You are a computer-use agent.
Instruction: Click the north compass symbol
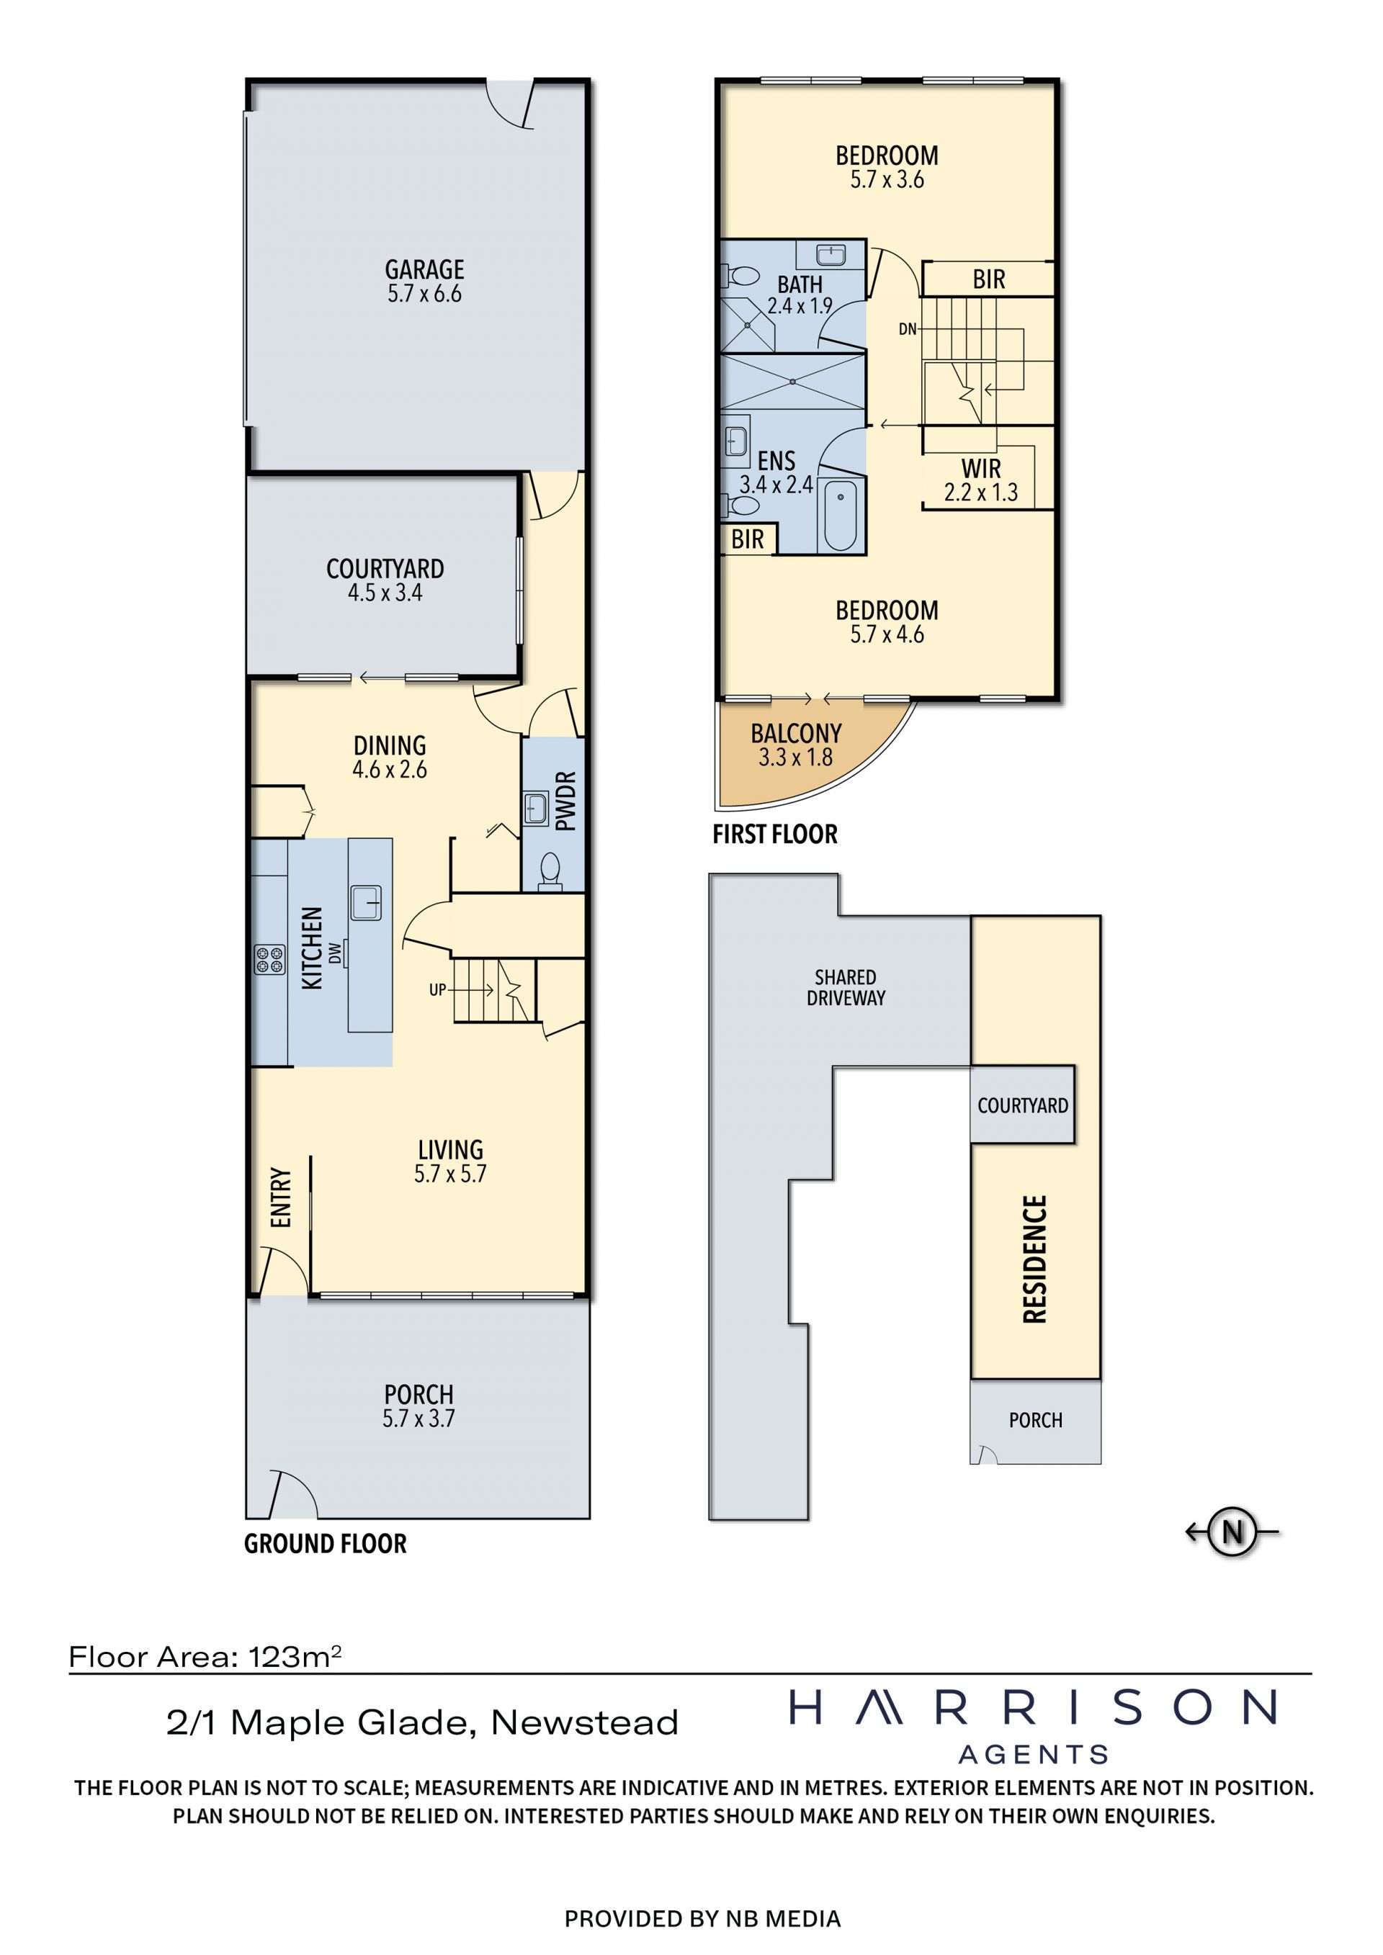pyautogui.click(x=1232, y=1532)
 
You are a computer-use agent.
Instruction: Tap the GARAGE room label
pyautogui.click(x=424, y=270)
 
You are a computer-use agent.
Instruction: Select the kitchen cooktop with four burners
pyautogui.click(x=270, y=960)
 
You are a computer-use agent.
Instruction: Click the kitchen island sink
pyautogui.click(x=366, y=902)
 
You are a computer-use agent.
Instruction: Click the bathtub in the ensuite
pyautogui.click(x=841, y=516)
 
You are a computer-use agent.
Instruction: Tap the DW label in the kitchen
pyautogui.click(x=335, y=953)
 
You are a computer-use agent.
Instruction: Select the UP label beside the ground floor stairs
pyautogui.click(x=438, y=989)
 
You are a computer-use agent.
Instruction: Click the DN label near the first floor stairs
pyautogui.click(x=908, y=328)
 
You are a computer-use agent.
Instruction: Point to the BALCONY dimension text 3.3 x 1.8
pyautogui.click(x=795, y=757)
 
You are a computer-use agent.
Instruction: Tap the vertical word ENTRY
pyautogui.click(x=281, y=1197)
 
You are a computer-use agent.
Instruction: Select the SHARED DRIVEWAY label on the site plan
pyautogui.click(x=846, y=988)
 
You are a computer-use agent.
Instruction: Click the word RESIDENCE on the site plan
pyautogui.click(x=1034, y=1259)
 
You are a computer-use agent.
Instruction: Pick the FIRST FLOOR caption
pyautogui.click(x=775, y=835)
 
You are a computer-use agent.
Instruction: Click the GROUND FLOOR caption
pyautogui.click(x=326, y=1544)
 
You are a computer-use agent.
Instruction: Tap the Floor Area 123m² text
pyautogui.click(x=205, y=1657)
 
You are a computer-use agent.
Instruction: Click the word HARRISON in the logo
pyautogui.click(x=1033, y=1708)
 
